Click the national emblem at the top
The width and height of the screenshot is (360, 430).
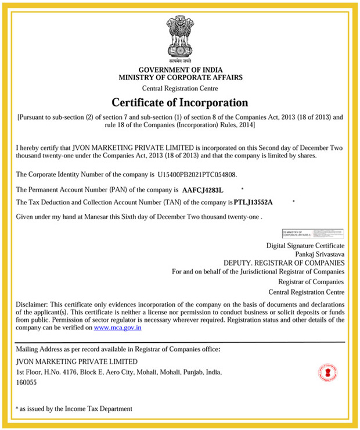(x=180, y=38)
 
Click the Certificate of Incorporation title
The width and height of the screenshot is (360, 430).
(x=180, y=103)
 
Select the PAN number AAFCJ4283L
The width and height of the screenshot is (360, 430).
(x=202, y=190)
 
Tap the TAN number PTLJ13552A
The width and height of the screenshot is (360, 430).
(x=253, y=202)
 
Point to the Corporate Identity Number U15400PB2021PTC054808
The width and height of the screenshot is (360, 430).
(x=197, y=174)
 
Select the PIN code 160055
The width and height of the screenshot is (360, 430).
(x=27, y=382)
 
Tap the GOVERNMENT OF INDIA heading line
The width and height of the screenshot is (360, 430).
(x=180, y=70)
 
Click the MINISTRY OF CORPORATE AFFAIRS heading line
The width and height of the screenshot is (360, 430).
(x=180, y=77)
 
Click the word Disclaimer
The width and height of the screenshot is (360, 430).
(x=31, y=304)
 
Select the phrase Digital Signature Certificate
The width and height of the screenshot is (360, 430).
(x=305, y=245)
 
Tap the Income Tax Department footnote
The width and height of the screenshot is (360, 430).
(x=76, y=408)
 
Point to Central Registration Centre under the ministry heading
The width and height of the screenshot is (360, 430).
(x=180, y=88)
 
